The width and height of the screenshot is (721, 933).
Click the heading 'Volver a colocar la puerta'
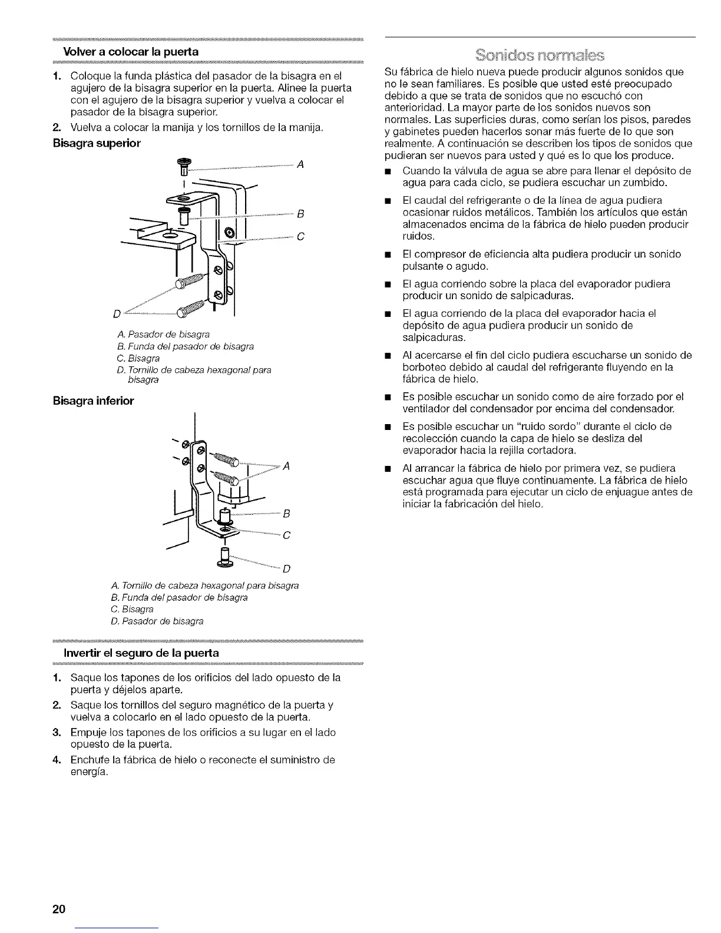point(131,51)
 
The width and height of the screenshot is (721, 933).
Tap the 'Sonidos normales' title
point(540,56)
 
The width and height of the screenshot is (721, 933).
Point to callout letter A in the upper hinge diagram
point(300,165)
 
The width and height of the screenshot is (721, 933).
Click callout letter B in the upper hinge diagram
point(300,213)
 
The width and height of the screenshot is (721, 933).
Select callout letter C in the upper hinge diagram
point(300,237)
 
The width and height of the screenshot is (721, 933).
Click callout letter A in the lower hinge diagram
point(286,466)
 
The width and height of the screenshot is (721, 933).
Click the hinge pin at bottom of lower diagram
point(224,559)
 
